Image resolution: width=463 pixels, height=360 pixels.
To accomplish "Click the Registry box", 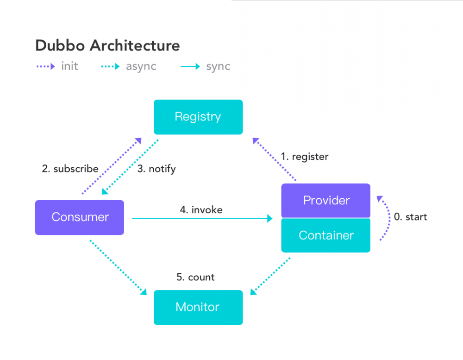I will click(x=198, y=117).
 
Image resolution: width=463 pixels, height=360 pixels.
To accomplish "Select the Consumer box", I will click(x=80, y=217).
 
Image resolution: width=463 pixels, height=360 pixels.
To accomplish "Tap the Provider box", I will click(x=326, y=201).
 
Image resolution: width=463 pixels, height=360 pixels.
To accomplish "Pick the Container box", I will click(x=326, y=235).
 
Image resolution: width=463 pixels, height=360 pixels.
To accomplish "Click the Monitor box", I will click(x=198, y=307).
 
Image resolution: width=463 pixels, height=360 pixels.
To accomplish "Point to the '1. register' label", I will click(x=304, y=157).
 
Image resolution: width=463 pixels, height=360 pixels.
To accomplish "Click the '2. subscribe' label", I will click(x=70, y=169).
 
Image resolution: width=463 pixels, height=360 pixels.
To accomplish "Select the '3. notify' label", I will click(x=156, y=169).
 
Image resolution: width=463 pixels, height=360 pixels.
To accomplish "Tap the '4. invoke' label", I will click(x=201, y=210).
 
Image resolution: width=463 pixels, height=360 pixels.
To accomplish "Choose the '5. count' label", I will click(x=195, y=278).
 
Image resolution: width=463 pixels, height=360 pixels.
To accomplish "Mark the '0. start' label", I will click(x=410, y=217).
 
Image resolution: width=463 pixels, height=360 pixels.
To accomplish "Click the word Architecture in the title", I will click(x=135, y=46).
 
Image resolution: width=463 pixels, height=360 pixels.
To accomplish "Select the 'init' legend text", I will click(x=69, y=66).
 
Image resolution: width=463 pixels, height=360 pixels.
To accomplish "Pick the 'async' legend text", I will click(x=141, y=66).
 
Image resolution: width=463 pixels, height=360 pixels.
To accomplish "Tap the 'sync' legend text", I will click(x=218, y=66).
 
